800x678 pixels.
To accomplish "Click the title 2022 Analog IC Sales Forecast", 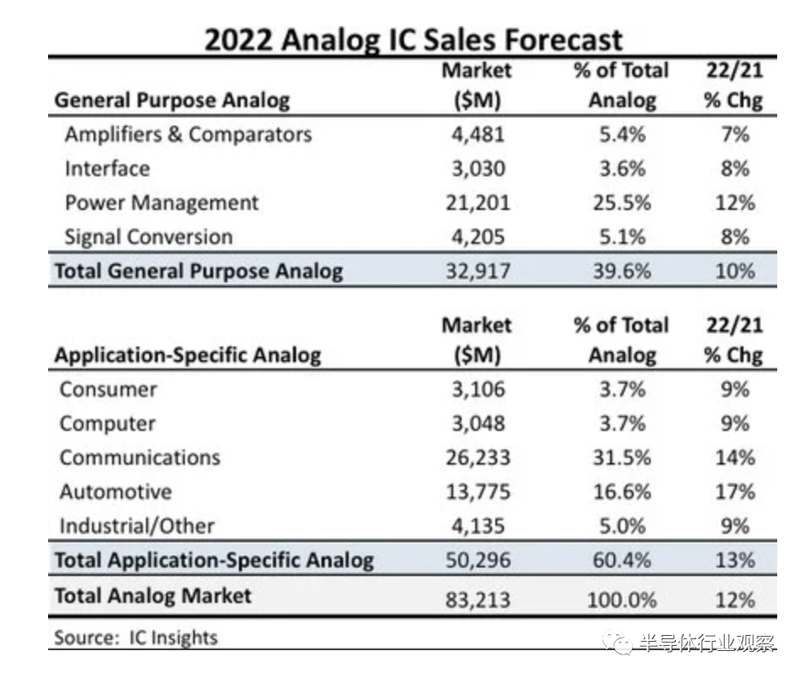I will point(413,40).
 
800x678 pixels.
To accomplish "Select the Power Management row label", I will point(161,203).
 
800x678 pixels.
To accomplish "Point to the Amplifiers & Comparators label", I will point(187,135).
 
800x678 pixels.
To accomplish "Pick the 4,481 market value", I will point(477,135).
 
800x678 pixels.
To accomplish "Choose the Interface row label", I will point(107,169).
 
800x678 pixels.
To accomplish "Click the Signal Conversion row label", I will point(148,237).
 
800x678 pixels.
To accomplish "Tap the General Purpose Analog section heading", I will point(172,101).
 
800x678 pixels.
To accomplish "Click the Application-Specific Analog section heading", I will point(187,355).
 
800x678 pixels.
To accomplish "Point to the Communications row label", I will point(140,458).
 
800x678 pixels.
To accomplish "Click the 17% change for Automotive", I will point(733,492).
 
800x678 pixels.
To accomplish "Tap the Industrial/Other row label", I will point(137,526).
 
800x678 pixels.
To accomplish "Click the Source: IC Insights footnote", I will point(136,637).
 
